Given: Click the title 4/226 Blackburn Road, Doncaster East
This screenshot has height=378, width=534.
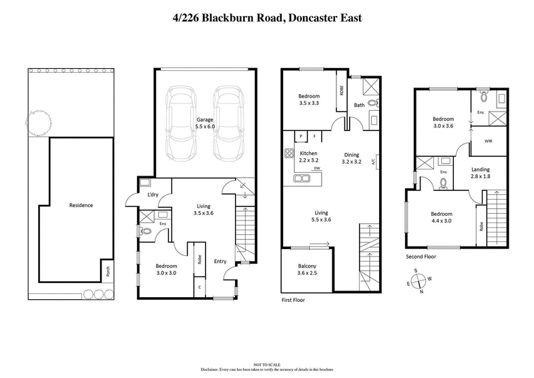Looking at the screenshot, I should coord(267,17).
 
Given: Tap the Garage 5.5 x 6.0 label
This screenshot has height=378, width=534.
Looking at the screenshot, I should coord(204,122).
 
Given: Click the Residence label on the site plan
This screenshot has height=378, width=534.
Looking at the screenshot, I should coord(81,205).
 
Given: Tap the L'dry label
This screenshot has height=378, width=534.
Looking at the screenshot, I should coord(152,194).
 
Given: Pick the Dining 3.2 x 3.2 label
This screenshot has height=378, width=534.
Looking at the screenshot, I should coord(351,158).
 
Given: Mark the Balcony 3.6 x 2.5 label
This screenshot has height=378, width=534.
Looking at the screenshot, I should coord(306,269).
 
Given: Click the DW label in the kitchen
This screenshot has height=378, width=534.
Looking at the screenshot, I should coord(318,168).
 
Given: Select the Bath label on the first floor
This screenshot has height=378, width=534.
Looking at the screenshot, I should coord(359,105).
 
